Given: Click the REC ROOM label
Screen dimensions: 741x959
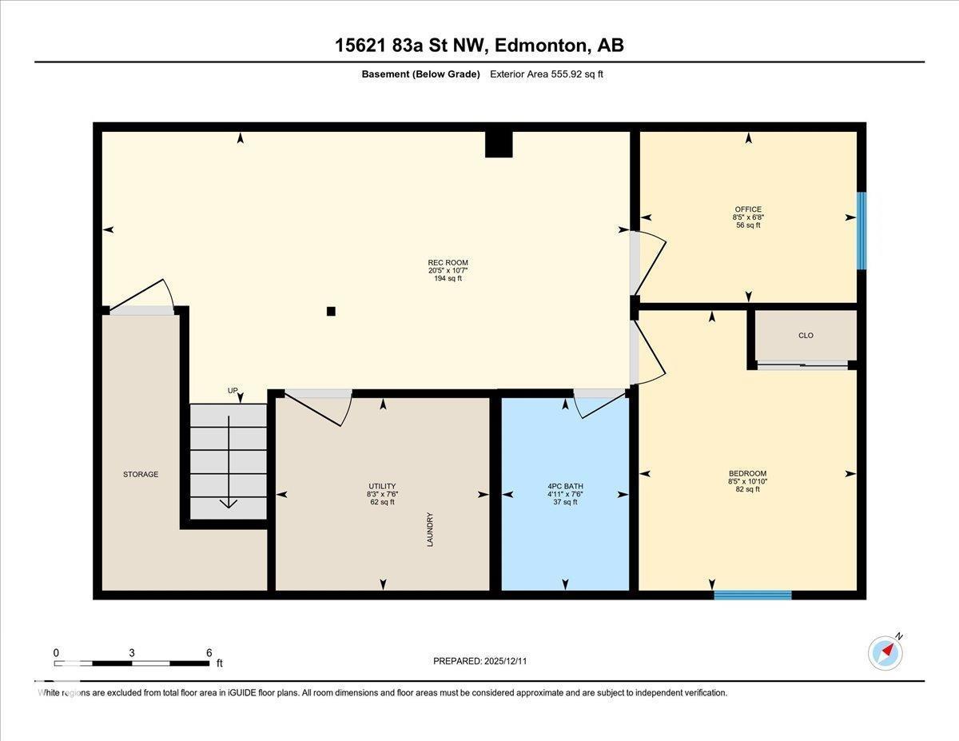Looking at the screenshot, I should click(x=448, y=263).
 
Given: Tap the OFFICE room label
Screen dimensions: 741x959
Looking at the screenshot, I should click(x=748, y=209).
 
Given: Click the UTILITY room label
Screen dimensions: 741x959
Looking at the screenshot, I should click(x=381, y=486).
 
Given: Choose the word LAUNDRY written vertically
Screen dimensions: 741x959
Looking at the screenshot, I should click(x=430, y=529).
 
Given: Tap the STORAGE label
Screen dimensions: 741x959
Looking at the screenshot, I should click(x=141, y=474).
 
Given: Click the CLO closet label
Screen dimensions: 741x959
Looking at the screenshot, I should click(x=806, y=336).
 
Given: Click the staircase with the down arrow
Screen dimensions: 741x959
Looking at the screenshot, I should click(x=229, y=461).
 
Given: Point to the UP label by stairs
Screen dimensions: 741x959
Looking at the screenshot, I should click(x=233, y=391).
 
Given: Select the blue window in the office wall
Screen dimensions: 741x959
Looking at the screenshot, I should click(x=861, y=230).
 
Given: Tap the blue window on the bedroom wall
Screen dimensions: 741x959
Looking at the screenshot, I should click(x=752, y=595).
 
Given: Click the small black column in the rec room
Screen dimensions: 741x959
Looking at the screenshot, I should click(x=331, y=312).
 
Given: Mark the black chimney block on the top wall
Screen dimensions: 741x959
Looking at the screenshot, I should click(x=499, y=144).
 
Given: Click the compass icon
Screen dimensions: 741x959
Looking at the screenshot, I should click(x=885, y=653).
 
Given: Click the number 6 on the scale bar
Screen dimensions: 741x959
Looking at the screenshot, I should click(x=209, y=652).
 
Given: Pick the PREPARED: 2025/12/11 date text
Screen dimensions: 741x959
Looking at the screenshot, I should click(x=480, y=661).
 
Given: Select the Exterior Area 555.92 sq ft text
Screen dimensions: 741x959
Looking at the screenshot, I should click(x=551, y=74).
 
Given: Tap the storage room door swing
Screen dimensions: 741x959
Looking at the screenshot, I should click(x=144, y=297).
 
